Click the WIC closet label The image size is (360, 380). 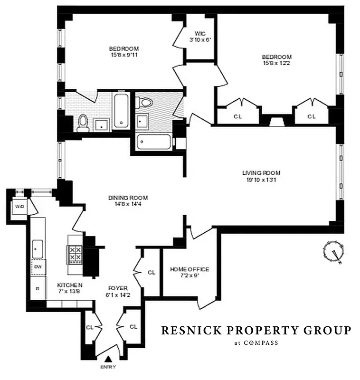tap(199, 33)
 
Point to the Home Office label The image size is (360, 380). tap(189, 269)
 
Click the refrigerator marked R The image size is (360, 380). tap(38, 288)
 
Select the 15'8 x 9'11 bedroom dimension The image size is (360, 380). tap(123, 55)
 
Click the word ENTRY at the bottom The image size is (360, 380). tap(108, 367)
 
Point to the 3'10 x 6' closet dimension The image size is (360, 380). tap(199, 40)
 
